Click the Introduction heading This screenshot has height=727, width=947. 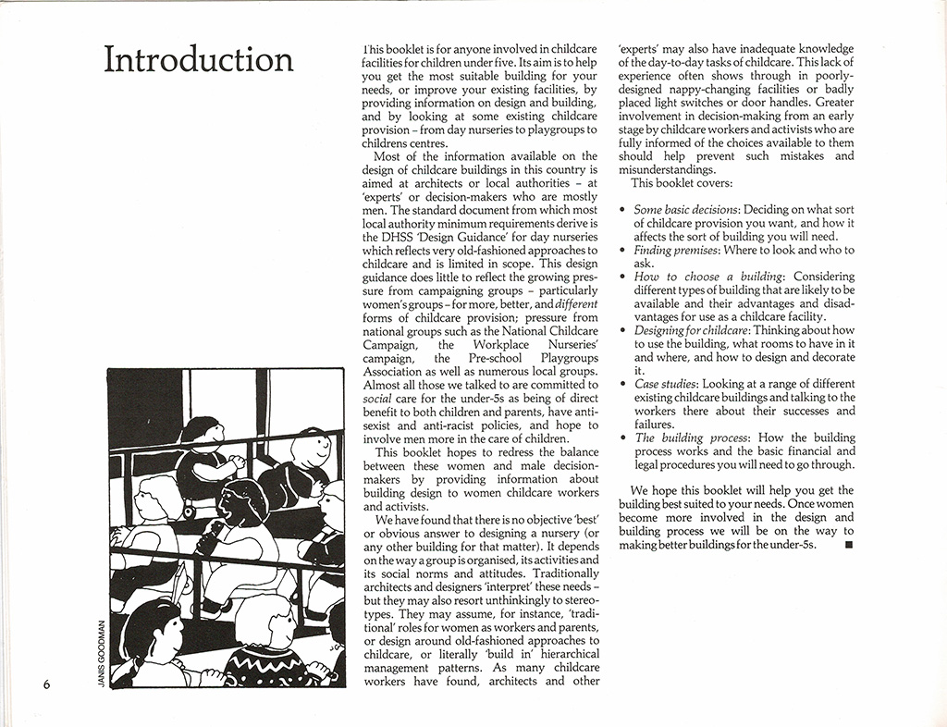pyautogui.click(x=199, y=59)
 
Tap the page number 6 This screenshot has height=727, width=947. pyautogui.click(x=45, y=684)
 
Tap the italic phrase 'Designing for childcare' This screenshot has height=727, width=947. pyautogui.click(x=692, y=330)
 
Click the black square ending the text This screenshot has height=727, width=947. pyautogui.click(x=849, y=545)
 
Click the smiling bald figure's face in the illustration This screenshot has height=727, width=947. pyautogui.click(x=312, y=450)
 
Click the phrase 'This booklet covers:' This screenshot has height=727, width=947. pyautogui.click(x=681, y=183)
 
